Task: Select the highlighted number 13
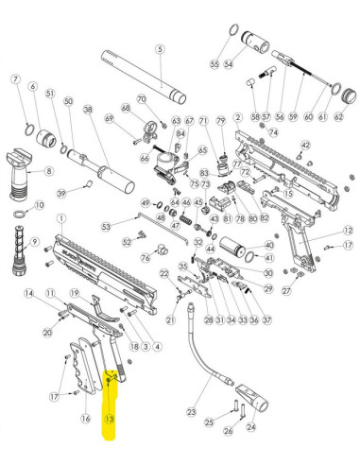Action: point(110,417)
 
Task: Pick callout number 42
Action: point(305,145)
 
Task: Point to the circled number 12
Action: point(348,231)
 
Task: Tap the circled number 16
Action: point(86,419)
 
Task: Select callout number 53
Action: point(106,226)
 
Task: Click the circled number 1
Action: point(61,217)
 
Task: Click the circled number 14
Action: point(30,295)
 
